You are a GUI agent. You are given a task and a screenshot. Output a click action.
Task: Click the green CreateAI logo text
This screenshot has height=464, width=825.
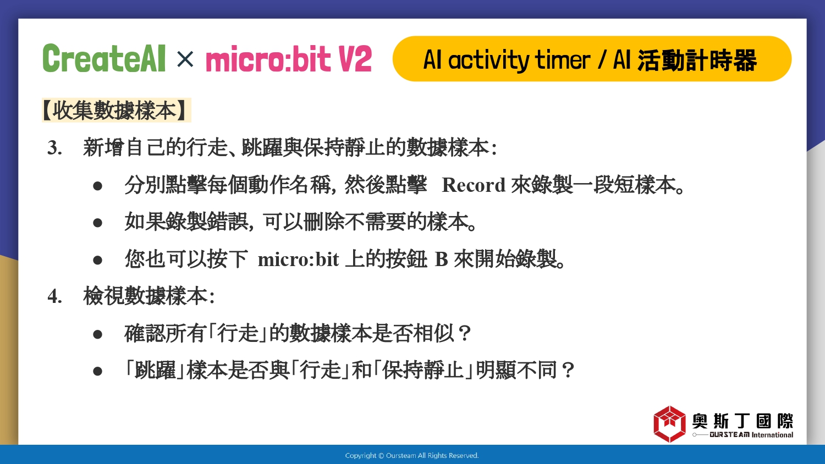(x=104, y=58)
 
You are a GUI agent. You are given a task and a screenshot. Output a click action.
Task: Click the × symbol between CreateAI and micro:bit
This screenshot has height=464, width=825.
(x=185, y=59)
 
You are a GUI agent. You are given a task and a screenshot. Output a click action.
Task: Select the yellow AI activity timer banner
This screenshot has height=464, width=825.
(x=592, y=59)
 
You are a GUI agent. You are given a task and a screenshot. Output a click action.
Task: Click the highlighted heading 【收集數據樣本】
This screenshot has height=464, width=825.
(x=117, y=110)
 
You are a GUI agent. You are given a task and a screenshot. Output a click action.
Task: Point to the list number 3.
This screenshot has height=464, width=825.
(x=54, y=148)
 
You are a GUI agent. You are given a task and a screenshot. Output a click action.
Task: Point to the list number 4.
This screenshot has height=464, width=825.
(x=54, y=296)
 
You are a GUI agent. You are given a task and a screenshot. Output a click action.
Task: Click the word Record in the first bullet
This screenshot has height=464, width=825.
(x=473, y=185)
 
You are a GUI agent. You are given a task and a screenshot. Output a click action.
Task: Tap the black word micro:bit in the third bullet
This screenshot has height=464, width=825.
(x=298, y=259)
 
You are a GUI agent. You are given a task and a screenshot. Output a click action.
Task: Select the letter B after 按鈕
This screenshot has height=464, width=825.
(x=441, y=259)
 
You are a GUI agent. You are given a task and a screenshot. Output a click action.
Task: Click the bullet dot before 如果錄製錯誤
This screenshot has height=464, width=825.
(x=97, y=223)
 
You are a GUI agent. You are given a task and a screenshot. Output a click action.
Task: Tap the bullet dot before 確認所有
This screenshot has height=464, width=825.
(x=97, y=334)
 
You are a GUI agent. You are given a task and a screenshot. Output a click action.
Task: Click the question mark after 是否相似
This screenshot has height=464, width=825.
(x=465, y=333)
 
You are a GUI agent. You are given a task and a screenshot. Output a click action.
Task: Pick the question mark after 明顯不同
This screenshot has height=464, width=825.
(x=568, y=370)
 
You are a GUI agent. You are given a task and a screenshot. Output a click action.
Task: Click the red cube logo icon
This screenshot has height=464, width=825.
(x=669, y=424)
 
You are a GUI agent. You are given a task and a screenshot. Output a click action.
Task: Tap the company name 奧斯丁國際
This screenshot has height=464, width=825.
(x=743, y=421)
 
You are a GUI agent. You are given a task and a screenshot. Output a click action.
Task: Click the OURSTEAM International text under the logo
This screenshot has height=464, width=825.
(x=751, y=435)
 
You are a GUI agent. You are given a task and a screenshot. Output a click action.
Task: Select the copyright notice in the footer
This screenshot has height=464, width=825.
(x=412, y=456)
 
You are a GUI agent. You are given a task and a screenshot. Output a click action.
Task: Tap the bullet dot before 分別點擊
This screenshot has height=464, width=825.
(x=97, y=186)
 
